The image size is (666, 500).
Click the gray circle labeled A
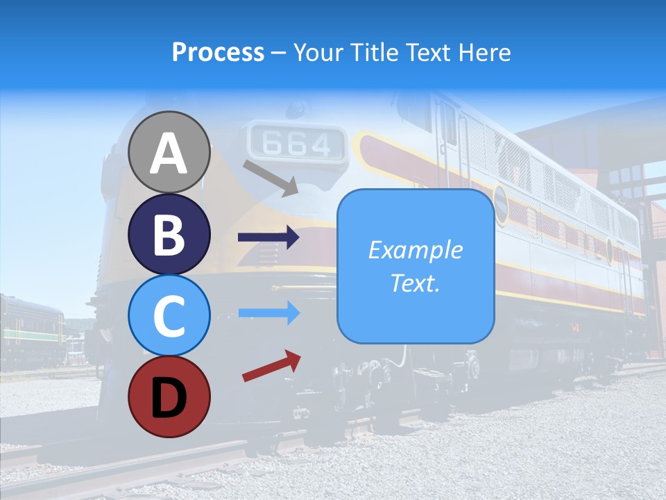tap(169, 152)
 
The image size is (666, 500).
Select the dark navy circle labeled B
tap(169, 234)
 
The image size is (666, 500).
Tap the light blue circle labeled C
tap(169, 315)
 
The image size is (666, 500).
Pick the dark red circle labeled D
tap(169, 397)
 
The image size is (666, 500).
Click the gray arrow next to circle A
tap(271, 177)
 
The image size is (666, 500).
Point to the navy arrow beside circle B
tap(268, 237)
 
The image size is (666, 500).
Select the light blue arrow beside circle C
tap(268, 313)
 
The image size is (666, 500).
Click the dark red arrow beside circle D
tap(271, 366)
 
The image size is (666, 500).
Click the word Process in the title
tap(218, 52)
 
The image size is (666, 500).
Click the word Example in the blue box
tap(415, 250)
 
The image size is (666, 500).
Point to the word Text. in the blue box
tap(415, 283)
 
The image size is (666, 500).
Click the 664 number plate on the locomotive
tap(297, 144)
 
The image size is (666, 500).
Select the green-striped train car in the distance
tap(31, 330)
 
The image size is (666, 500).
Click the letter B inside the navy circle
tap(169, 235)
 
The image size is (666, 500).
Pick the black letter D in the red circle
tap(169, 397)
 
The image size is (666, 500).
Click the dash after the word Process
tap(278, 53)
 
